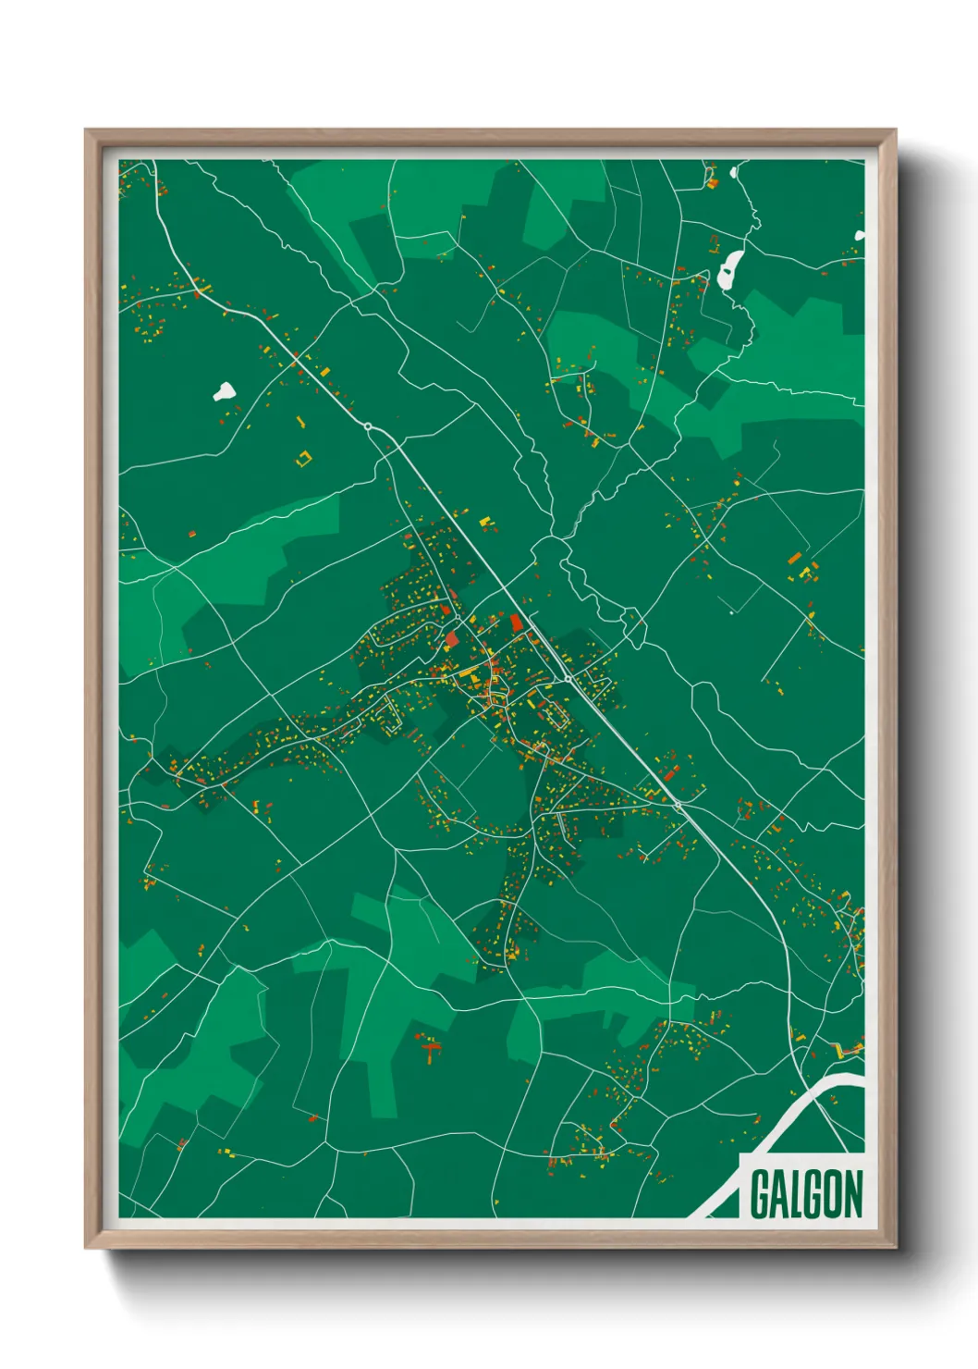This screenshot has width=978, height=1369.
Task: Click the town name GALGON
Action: (x=805, y=1194)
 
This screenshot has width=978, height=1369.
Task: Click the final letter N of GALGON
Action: (x=853, y=1194)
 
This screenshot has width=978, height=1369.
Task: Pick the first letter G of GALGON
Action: (x=760, y=1194)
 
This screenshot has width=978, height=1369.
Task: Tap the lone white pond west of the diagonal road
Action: (x=224, y=391)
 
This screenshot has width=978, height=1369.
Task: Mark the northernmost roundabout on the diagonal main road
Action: (x=368, y=426)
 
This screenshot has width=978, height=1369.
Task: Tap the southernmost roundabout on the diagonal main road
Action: (x=678, y=806)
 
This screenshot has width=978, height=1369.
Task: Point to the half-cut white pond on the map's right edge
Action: (x=860, y=236)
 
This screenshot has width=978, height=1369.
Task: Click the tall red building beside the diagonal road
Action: (x=516, y=623)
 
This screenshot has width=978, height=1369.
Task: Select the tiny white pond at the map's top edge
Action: (x=736, y=171)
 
